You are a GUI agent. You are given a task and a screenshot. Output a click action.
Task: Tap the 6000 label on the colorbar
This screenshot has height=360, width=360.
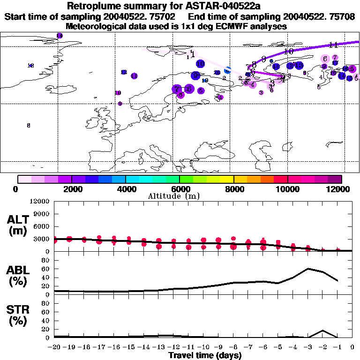tap(179, 189)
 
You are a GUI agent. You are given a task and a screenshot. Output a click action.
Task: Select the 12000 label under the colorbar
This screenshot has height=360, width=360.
tap(341, 189)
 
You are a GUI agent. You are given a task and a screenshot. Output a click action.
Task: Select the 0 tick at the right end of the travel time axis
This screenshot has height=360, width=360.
tap(352, 347)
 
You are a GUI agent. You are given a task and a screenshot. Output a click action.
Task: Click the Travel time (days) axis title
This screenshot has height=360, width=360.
tap(205, 356)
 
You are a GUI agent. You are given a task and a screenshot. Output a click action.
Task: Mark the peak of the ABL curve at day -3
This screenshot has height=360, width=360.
tap(308, 269)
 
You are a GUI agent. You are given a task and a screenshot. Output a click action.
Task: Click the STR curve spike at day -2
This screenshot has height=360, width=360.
tap(322, 330)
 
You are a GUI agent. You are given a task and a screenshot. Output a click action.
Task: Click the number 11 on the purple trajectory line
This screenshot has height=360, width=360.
tap(334, 45)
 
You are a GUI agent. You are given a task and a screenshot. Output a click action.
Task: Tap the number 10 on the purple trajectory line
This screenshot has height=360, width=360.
tap(289, 51)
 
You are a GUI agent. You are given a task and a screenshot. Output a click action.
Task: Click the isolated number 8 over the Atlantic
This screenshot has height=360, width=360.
tap(29, 126)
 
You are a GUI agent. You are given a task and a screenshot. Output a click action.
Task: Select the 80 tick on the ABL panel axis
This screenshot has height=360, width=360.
tap(45, 260)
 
